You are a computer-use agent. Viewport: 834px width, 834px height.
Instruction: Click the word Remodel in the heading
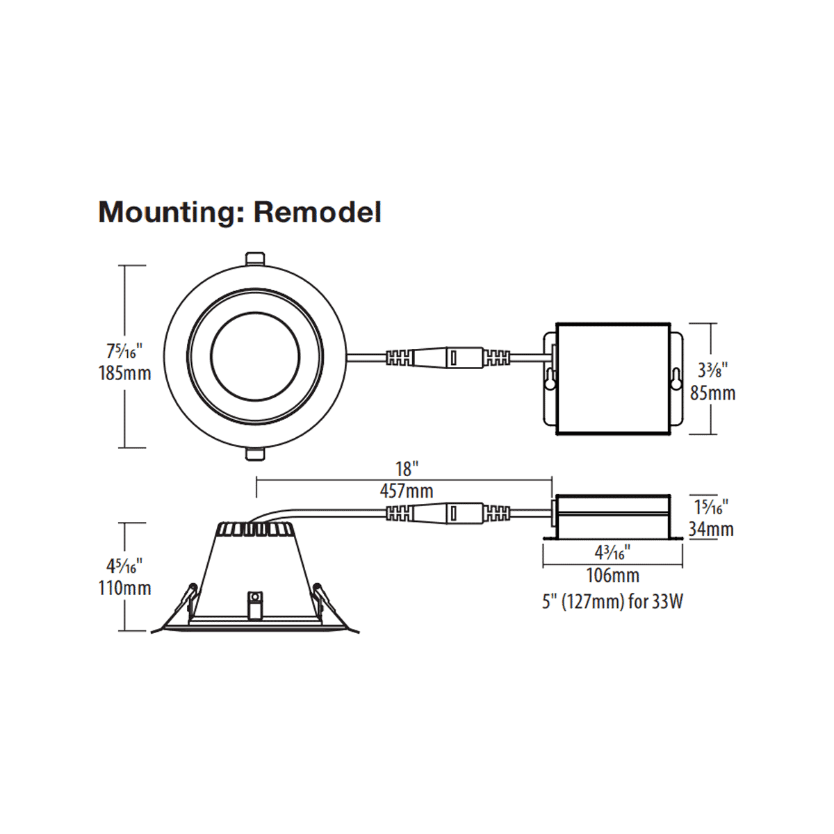tap(318, 211)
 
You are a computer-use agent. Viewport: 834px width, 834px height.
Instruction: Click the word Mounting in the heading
tap(167, 213)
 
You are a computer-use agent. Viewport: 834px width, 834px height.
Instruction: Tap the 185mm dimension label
tap(124, 373)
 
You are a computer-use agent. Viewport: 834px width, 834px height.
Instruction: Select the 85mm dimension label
tap(712, 393)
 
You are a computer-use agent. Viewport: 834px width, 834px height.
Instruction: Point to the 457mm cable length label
tap(406, 491)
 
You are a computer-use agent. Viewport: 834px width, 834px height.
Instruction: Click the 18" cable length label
tap(407, 469)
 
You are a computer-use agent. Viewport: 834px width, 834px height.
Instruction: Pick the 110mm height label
tap(124, 588)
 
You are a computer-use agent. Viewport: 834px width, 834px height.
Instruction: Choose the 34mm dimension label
tap(711, 530)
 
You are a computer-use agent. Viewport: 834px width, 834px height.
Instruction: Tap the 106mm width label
tap(612, 575)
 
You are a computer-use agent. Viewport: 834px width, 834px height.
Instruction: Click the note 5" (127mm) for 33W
tap(612, 601)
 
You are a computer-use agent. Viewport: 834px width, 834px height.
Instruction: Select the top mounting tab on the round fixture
tap(254, 258)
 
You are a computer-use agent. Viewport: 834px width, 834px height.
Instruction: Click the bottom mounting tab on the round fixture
tap(254, 455)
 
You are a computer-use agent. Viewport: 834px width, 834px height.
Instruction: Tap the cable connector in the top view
tap(448, 358)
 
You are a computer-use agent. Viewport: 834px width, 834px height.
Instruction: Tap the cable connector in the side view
tap(448, 514)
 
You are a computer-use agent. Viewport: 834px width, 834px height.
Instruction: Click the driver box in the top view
tap(612, 379)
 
